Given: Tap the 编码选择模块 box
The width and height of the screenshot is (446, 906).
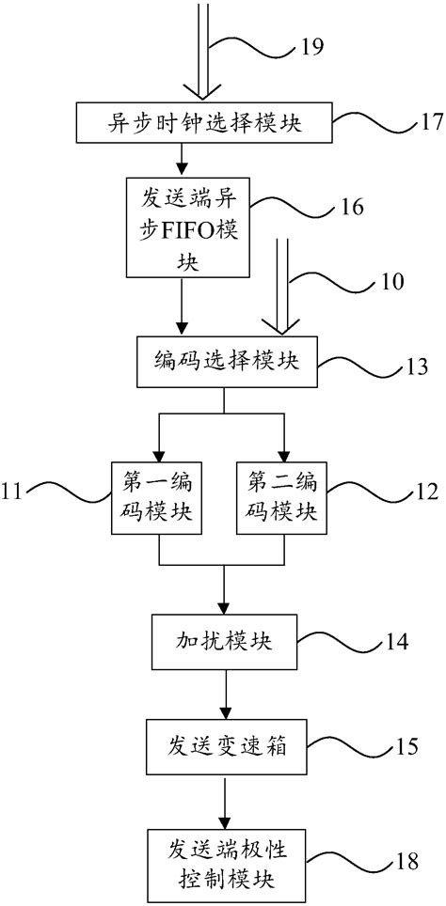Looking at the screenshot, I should (x=223, y=360).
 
